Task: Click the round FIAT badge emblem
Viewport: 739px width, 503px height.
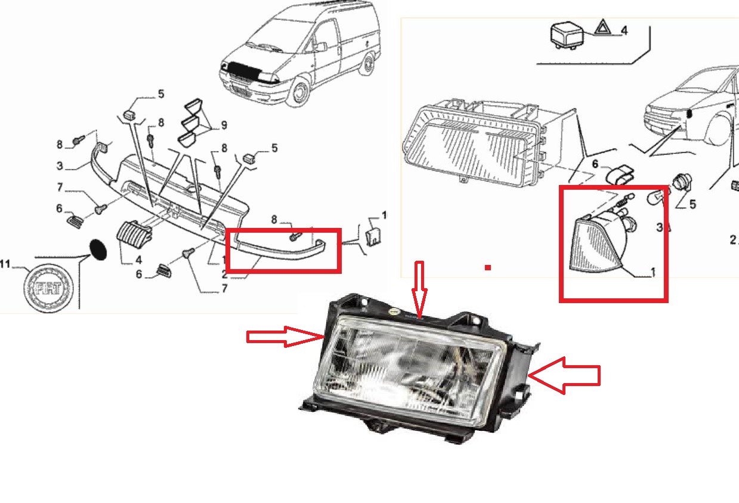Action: (x=48, y=288)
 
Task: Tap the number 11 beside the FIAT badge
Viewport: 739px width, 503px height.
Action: (x=5, y=264)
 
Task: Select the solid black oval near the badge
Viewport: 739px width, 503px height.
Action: (x=98, y=249)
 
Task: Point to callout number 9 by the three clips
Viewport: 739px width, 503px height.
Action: (x=224, y=125)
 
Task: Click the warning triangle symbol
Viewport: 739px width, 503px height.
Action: (x=602, y=27)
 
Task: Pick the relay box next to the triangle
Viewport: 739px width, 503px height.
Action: (x=567, y=36)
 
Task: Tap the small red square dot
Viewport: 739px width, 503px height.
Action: (x=488, y=268)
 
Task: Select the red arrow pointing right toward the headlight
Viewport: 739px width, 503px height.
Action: (x=285, y=337)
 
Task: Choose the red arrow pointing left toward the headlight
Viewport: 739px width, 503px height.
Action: (x=564, y=375)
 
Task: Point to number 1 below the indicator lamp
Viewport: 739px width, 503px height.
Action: (x=652, y=272)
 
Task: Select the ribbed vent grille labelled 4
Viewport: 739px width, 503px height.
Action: (x=134, y=235)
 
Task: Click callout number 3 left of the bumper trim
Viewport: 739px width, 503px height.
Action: (x=60, y=166)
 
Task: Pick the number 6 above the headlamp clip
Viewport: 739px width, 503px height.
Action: (x=595, y=164)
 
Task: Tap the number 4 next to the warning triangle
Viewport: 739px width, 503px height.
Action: (x=624, y=30)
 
